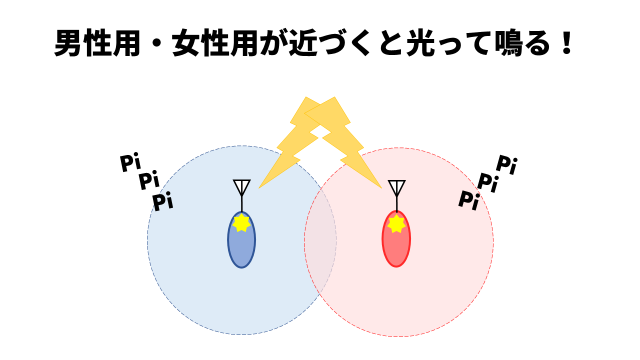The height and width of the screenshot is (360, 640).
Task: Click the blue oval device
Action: point(241,244)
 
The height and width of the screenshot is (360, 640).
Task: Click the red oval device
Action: point(397,244)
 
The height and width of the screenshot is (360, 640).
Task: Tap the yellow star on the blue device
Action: point(241,223)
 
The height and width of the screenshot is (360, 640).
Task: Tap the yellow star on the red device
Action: point(397,224)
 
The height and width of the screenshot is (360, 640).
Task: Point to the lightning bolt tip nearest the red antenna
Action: point(380,186)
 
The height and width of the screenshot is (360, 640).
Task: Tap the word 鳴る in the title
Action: point(536,46)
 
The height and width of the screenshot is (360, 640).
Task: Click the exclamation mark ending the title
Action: point(572,46)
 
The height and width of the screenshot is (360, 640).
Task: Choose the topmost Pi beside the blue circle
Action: point(130,162)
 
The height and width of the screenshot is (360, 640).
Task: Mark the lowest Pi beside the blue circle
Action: point(163,202)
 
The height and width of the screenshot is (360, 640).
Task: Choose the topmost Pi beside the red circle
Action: point(507,164)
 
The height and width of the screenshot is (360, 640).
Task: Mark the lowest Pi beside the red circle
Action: point(468,200)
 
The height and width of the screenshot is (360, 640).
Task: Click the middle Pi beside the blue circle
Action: point(149,181)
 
